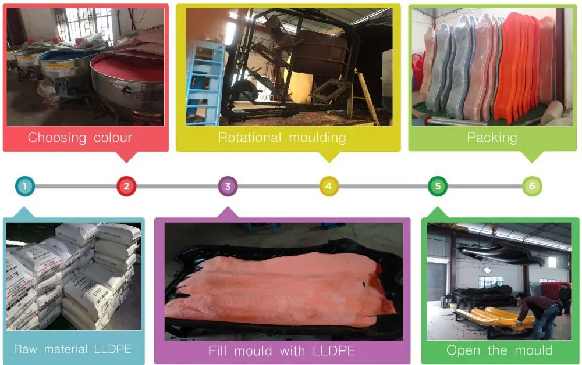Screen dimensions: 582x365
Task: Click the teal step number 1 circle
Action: click(25, 186)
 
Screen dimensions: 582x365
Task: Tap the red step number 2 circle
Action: click(126, 186)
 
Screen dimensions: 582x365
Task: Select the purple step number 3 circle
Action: click(228, 186)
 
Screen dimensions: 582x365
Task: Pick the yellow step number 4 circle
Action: click(329, 186)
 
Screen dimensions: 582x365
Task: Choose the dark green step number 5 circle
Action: click(438, 186)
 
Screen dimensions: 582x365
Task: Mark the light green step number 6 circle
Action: click(532, 186)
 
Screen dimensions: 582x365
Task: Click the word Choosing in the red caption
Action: click(57, 138)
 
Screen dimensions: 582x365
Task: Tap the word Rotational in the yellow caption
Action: click(250, 138)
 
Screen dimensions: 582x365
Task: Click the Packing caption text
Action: click(492, 138)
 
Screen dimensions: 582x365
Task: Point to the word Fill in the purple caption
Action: click(217, 350)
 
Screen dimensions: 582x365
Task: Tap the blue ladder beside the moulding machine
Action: click(204, 83)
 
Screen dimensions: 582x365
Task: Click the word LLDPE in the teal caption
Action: click(113, 349)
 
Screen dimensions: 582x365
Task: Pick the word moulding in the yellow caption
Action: click(317, 138)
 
